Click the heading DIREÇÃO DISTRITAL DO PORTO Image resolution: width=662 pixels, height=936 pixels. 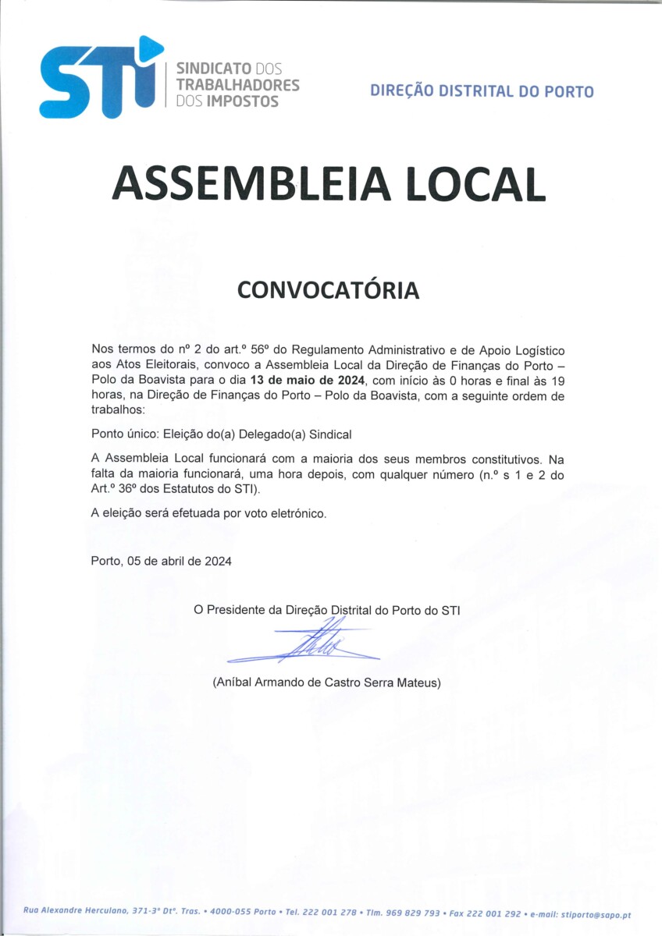482,91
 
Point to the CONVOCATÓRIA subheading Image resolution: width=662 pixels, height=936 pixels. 328,290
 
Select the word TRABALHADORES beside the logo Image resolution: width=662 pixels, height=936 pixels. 238,84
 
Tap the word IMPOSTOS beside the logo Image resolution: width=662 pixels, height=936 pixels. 242,101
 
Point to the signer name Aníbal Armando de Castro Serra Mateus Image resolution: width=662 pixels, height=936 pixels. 326,682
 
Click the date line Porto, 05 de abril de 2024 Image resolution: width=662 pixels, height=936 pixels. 161,561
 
